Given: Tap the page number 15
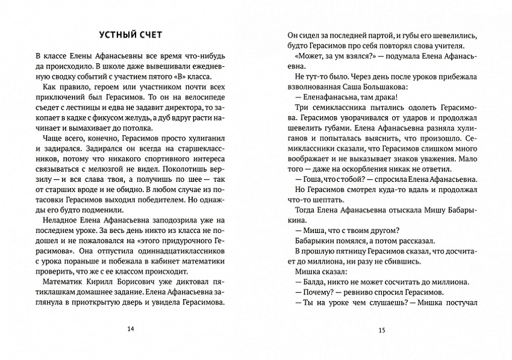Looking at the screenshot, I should click(x=381, y=330).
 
